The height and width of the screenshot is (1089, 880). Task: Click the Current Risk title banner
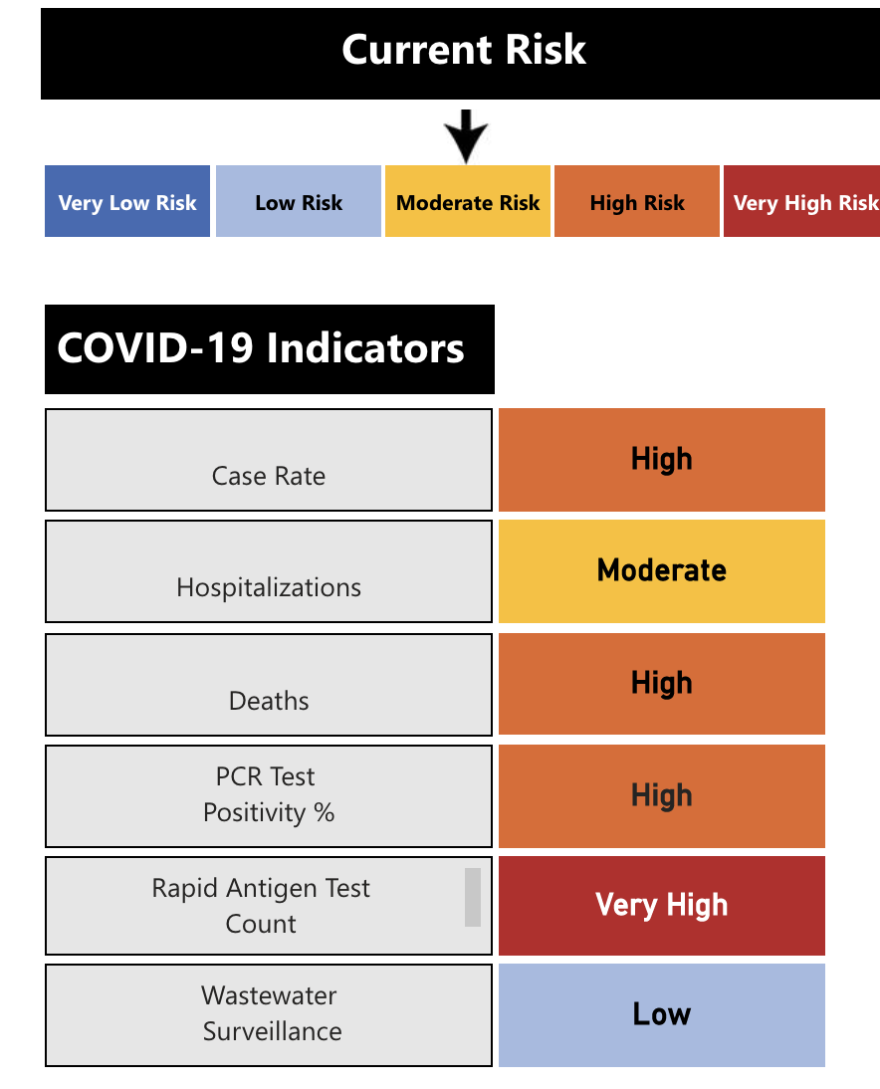click(x=463, y=51)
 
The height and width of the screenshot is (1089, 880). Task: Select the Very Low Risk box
click(x=127, y=202)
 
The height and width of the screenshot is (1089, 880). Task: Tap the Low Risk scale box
click(x=299, y=202)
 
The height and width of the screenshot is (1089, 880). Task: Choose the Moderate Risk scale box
click(x=468, y=202)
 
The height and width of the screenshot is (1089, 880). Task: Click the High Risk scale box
click(x=637, y=202)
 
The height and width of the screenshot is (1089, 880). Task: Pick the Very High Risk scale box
click(x=802, y=202)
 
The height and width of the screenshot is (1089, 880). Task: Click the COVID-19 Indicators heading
click(x=262, y=349)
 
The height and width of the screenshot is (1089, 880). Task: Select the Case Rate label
click(x=269, y=476)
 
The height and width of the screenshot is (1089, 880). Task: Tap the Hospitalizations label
click(x=269, y=587)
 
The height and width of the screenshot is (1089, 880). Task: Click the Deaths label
click(x=269, y=701)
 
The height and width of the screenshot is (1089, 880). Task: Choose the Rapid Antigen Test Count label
click(x=261, y=906)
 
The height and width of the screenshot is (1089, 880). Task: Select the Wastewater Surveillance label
click(x=271, y=1013)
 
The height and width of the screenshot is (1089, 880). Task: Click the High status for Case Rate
click(x=662, y=459)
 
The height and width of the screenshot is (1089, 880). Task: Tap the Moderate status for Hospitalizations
click(x=662, y=570)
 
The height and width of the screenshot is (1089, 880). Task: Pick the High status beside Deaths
click(x=662, y=683)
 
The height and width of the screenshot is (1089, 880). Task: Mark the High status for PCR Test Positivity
click(x=662, y=795)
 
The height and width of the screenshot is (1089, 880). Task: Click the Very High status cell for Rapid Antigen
click(x=662, y=905)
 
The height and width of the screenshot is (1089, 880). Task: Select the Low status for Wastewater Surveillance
click(x=662, y=1014)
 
